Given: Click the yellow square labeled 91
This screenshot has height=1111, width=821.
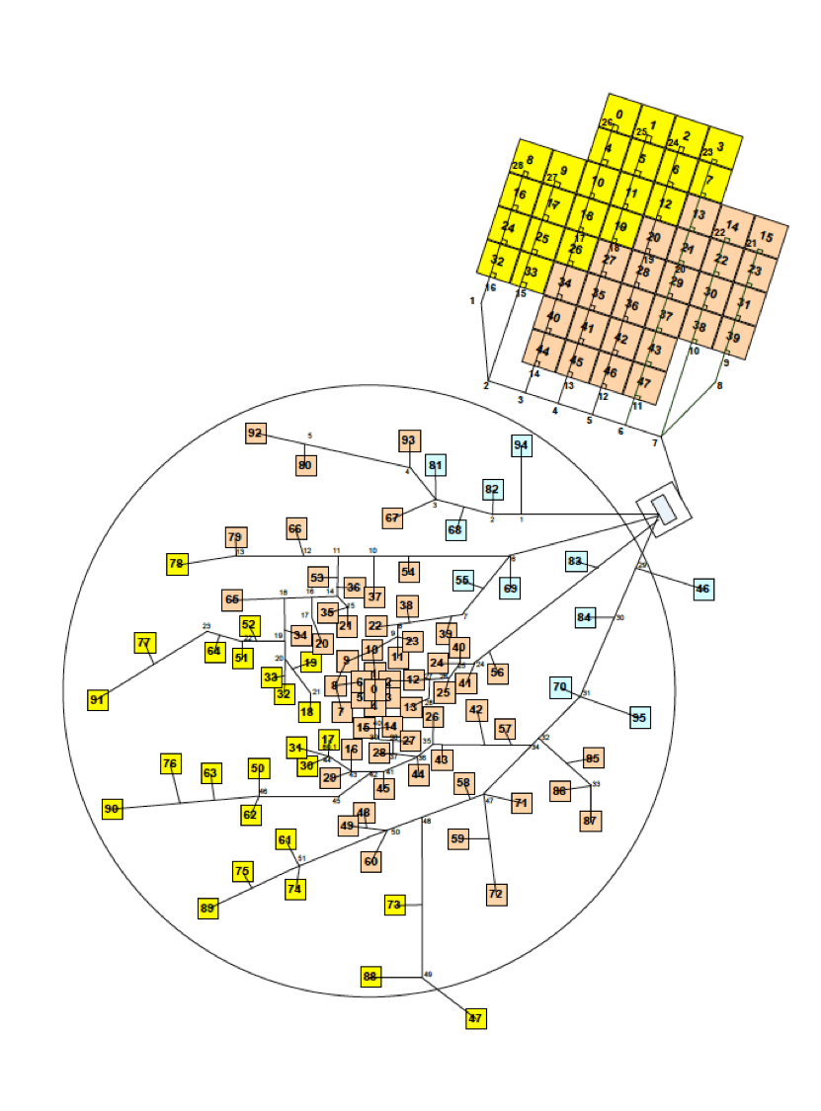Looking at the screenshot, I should [x=97, y=700].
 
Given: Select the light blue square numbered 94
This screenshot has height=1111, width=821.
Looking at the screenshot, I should [x=522, y=445].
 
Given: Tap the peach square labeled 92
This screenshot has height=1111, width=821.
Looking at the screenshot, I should [x=256, y=433].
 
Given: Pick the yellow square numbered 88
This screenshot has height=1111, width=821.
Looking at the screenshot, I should [x=370, y=977].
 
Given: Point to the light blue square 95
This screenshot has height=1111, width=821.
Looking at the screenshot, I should [x=639, y=717].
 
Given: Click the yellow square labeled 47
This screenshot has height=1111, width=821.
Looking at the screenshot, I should [x=476, y=1018].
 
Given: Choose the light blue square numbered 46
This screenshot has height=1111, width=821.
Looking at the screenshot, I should [x=702, y=590].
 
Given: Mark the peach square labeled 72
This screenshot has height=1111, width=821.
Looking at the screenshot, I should [x=496, y=894].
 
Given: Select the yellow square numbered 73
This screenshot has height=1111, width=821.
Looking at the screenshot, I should [x=394, y=904].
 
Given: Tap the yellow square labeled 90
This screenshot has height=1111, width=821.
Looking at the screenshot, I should [x=112, y=810].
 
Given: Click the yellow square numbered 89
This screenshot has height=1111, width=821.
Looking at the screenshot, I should [x=207, y=908].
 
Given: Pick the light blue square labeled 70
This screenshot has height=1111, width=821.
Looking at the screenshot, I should [x=560, y=686].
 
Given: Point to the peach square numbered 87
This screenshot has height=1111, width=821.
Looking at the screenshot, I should [x=591, y=821].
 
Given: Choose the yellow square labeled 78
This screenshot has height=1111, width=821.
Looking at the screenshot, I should [x=177, y=564].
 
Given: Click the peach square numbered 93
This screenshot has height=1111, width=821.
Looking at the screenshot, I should [x=409, y=439].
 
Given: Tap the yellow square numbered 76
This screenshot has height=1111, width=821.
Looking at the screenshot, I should [x=170, y=763].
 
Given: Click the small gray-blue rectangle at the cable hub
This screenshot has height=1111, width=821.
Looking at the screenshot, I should [x=665, y=510].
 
